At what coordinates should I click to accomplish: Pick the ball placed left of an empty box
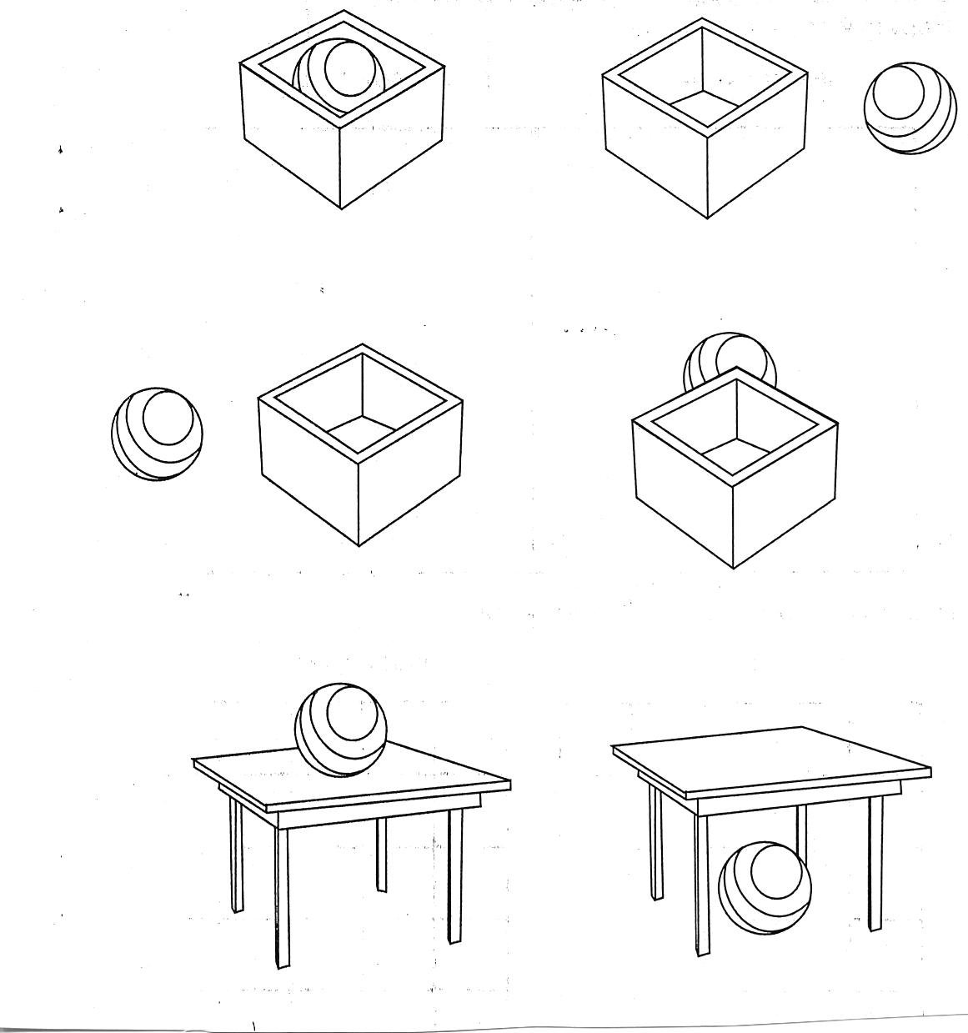pos(157,434)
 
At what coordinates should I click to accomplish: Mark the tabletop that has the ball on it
pos(417,780)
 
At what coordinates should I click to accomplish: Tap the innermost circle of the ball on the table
pos(354,713)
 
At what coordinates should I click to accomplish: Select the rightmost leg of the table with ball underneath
pos(875,863)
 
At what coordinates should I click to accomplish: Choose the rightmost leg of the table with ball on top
pos(455,875)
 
